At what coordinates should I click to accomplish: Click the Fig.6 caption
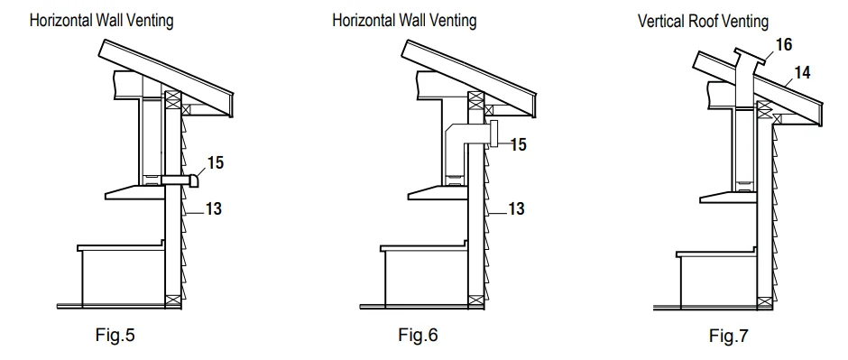[x=418, y=337]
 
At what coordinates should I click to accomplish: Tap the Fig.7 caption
[x=728, y=338]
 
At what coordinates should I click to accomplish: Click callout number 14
[x=800, y=71]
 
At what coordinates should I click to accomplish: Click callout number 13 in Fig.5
[x=212, y=208]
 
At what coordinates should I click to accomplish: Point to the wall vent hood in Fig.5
[x=184, y=182]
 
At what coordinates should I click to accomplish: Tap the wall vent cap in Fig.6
[x=493, y=135]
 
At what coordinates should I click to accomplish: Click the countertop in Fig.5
[x=122, y=246]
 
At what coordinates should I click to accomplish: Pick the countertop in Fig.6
[x=424, y=246]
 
